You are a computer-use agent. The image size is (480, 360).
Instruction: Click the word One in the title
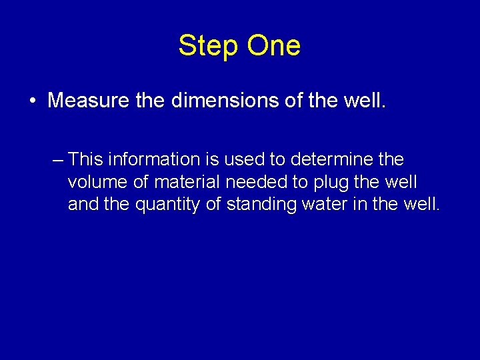pos(274,46)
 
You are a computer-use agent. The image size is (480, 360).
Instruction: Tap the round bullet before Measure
pos(32,101)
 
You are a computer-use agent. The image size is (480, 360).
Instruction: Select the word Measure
pos(86,101)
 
